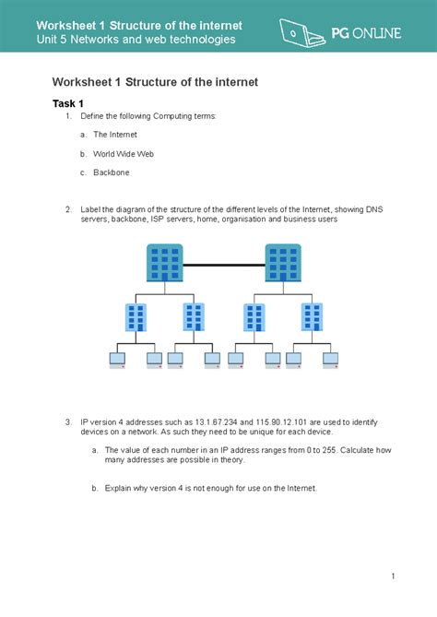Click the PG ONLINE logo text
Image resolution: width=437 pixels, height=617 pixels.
[366, 33]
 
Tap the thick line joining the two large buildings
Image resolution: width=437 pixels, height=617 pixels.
[223, 264]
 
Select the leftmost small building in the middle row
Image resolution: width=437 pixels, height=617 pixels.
[136, 317]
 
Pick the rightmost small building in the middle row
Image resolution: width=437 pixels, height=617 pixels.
[312, 317]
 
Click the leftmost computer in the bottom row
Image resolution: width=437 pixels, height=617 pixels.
[118, 360]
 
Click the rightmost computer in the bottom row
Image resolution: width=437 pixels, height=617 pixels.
[332, 360]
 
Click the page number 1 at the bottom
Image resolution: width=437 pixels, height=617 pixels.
[392, 577]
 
